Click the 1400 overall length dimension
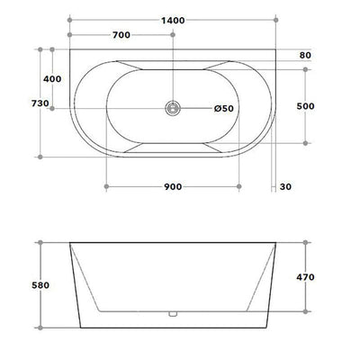[173, 21]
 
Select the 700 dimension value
[121, 35]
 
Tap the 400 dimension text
[52, 79]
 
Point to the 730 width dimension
[40, 103]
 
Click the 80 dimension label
[305, 55]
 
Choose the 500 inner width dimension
[305, 106]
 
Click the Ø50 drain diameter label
[224, 108]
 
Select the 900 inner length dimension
[173, 186]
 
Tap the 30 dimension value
[285, 186]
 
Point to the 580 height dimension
[40, 285]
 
